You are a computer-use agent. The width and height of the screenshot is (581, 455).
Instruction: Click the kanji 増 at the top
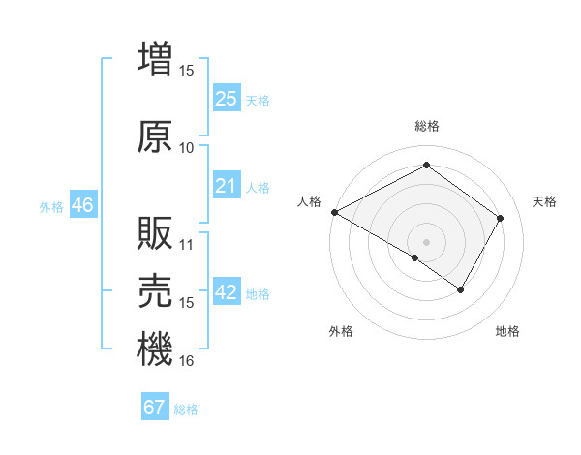pyautogui.click(x=154, y=58)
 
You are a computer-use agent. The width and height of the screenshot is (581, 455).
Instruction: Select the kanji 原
pyautogui.click(x=154, y=136)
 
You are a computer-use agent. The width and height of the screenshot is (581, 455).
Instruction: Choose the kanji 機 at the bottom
pyautogui.click(x=154, y=349)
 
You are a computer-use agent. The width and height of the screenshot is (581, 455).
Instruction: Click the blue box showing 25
pyautogui.click(x=227, y=99)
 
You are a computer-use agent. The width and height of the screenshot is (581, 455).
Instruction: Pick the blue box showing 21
pyautogui.click(x=227, y=186)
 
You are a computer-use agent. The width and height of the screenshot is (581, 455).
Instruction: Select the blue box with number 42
pyautogui.click(x=227, y=293)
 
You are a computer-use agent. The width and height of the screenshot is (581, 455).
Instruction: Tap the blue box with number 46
pyautogui.click(x=82, y=205)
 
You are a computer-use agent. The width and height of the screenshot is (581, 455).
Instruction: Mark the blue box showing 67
pyautogui.click(x=155, y=408)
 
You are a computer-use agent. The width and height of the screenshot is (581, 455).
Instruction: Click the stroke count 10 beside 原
pyautogui.click(x=187, y=148)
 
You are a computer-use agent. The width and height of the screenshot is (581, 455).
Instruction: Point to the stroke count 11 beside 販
pyautogui.click(x=187, y=244)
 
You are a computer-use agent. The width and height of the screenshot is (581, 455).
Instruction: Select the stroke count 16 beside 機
pyautogui.click(x=187, y=361)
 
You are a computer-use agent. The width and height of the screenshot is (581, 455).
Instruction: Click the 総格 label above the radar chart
pyautogui.click(x=427, y=126)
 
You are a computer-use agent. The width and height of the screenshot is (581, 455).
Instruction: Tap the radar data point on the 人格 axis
pyautogui.click(x=334, y=212)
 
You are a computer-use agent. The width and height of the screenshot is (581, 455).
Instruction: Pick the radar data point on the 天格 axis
pyautogui.click(x=501, y=218)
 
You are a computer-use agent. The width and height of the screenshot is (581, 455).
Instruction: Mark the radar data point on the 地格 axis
pyautogui.click(x=461, y=289)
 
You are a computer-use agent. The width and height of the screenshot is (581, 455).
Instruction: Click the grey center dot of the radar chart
pyautogui.click(x=426, y=241)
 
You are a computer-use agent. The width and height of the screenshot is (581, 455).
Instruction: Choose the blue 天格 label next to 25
pyautogui.click(x=258, y=100)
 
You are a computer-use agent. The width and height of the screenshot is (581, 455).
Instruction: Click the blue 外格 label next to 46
pyautogui.click(x=51, y=206)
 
